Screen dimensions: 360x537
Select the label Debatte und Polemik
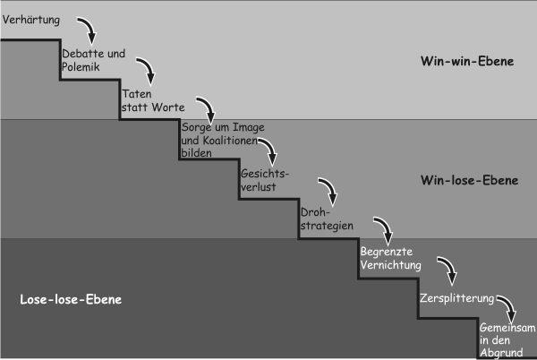[91, 59]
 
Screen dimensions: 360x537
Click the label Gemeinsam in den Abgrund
[507, 339]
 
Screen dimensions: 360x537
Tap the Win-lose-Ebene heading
[469, 180]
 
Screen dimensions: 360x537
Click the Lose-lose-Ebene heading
[70, 299]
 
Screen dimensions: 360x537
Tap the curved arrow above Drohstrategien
[328, 190]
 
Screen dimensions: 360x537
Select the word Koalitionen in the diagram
[231, 141]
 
